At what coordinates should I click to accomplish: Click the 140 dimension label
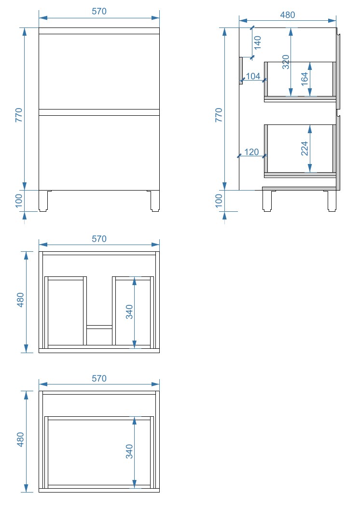258,42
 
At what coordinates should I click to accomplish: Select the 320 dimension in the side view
286,62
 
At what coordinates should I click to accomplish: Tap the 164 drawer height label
305,79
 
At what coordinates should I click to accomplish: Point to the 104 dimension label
253,76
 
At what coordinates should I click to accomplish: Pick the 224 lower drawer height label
305,149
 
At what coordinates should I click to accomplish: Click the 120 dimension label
251,151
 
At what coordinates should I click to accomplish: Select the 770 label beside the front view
19,115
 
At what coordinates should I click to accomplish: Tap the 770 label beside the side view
219,115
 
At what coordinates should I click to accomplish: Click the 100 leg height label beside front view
19,201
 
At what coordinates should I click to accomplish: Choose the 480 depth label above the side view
288,15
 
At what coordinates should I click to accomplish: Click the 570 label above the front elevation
99,11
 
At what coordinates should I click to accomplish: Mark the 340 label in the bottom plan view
129,452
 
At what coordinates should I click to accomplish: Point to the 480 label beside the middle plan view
20,300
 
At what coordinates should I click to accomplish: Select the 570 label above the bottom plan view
99,378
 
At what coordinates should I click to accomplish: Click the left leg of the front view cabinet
43,201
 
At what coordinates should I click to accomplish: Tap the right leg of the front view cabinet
155,201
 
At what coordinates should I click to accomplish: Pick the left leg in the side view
267,201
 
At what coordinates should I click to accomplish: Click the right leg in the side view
332,201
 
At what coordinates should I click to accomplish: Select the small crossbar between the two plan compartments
99,327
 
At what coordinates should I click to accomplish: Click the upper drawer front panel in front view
99,72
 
